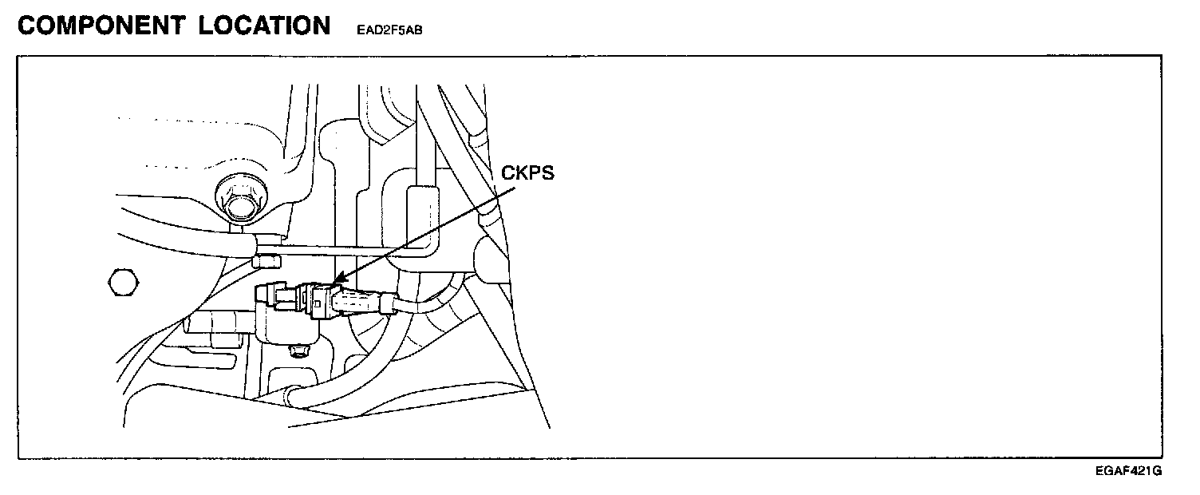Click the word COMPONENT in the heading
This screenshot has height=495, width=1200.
coord(102,26)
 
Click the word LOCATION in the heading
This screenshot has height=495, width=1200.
coord(265,26)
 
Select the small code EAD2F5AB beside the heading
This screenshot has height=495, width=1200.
coord(389,32)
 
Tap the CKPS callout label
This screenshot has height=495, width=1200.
coord(527,173)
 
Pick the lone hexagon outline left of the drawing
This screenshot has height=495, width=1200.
coord(120,282)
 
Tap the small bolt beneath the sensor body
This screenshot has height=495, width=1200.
coord(299,351)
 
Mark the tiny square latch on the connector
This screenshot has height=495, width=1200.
coord(319,302)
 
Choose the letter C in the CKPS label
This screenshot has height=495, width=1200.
coord(507,173)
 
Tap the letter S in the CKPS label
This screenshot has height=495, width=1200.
coord(547,173)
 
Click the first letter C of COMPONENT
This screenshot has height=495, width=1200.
coord(29,26)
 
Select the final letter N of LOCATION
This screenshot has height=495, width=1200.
coord(320,26)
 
